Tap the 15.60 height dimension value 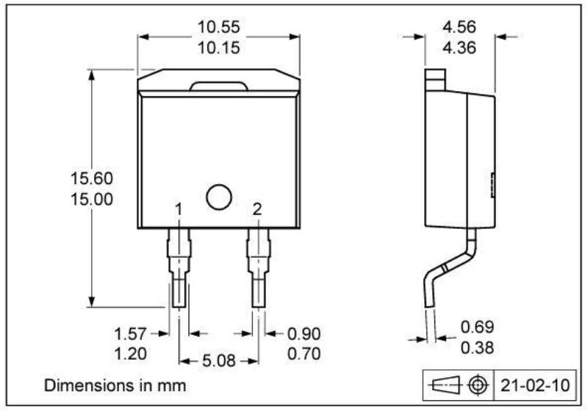(x=92, y=178)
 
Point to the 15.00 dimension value (x=92, y=199)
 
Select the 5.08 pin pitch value (x=219, y=361)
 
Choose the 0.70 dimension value (x=303, y=354)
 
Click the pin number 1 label (x=179, y=210)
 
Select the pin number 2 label (x=257, y=210)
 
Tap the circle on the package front (x=218, y=197)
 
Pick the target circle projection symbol (x=479, y=385)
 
